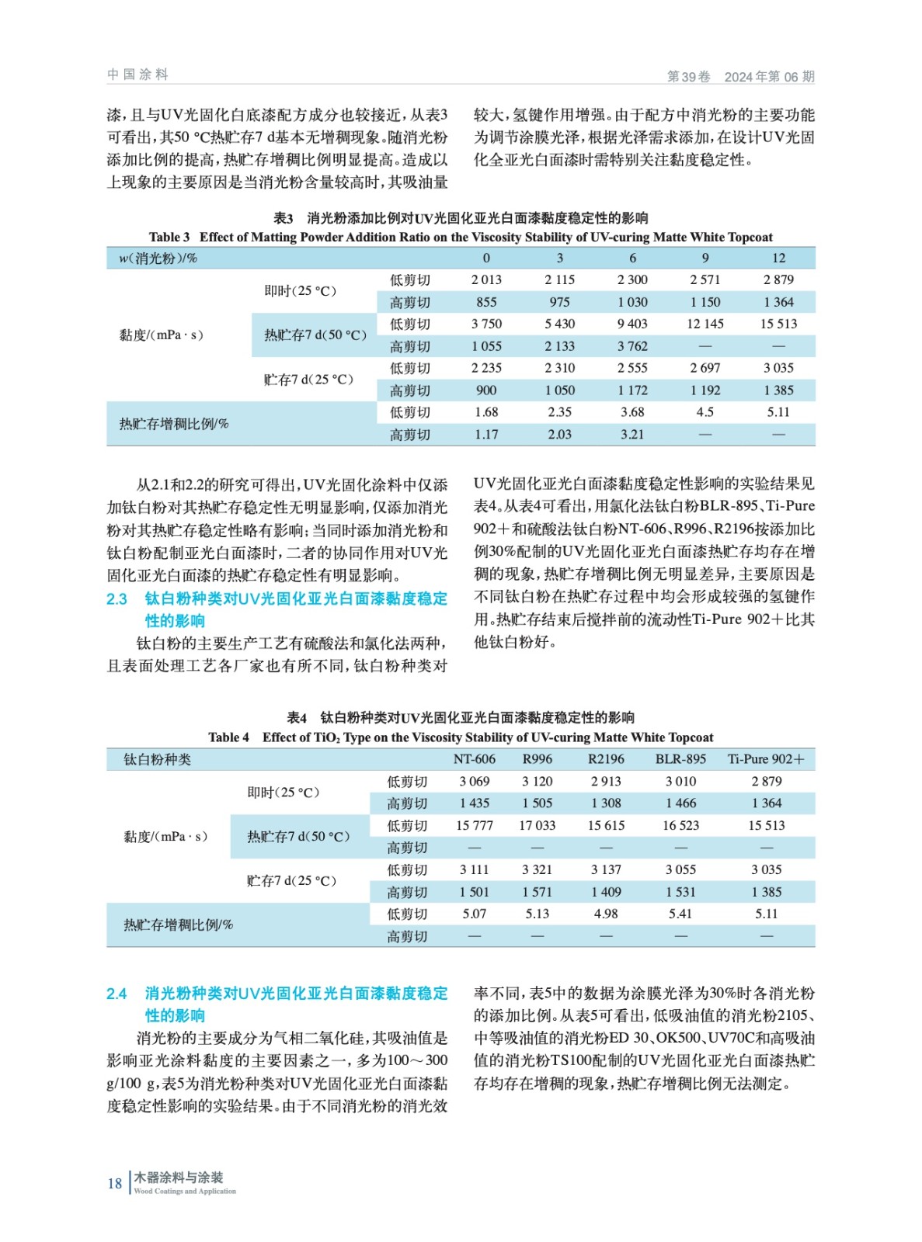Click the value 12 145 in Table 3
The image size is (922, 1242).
coord(705,324)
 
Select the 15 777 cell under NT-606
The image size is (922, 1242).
coord(474,826)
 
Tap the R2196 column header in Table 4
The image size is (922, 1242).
coord(606,759)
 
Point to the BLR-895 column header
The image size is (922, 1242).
coord(680,759)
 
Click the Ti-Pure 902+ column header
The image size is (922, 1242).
coord(766,759)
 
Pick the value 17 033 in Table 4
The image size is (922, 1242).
coord(537,826)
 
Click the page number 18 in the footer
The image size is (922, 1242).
coord(115,1184)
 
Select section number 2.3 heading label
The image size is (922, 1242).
coord(117,599)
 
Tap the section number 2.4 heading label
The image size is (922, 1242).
coord(117,994)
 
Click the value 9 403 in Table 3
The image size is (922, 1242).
coord(632,324)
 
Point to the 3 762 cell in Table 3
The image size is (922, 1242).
coord(632,346)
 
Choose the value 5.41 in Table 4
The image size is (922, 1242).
coord(680,914)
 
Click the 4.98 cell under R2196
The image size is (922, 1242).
coord(606,914)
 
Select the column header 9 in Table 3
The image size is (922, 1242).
coord(705,258)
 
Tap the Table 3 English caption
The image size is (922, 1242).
coord(461,238)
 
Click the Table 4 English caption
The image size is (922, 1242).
coord(461,737)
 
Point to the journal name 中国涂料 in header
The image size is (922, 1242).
coord(137,75)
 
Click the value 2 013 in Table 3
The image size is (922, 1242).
coord(486,280)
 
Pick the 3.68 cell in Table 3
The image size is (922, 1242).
coord(632,413)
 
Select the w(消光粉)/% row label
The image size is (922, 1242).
coord(158,258)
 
